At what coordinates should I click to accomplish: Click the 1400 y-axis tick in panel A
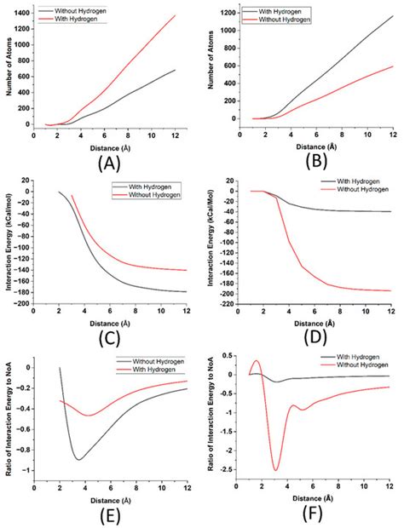coord(25,14)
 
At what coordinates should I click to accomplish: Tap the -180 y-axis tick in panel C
coord(21,291)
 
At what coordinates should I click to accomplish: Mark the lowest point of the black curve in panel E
coord(78,460)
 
